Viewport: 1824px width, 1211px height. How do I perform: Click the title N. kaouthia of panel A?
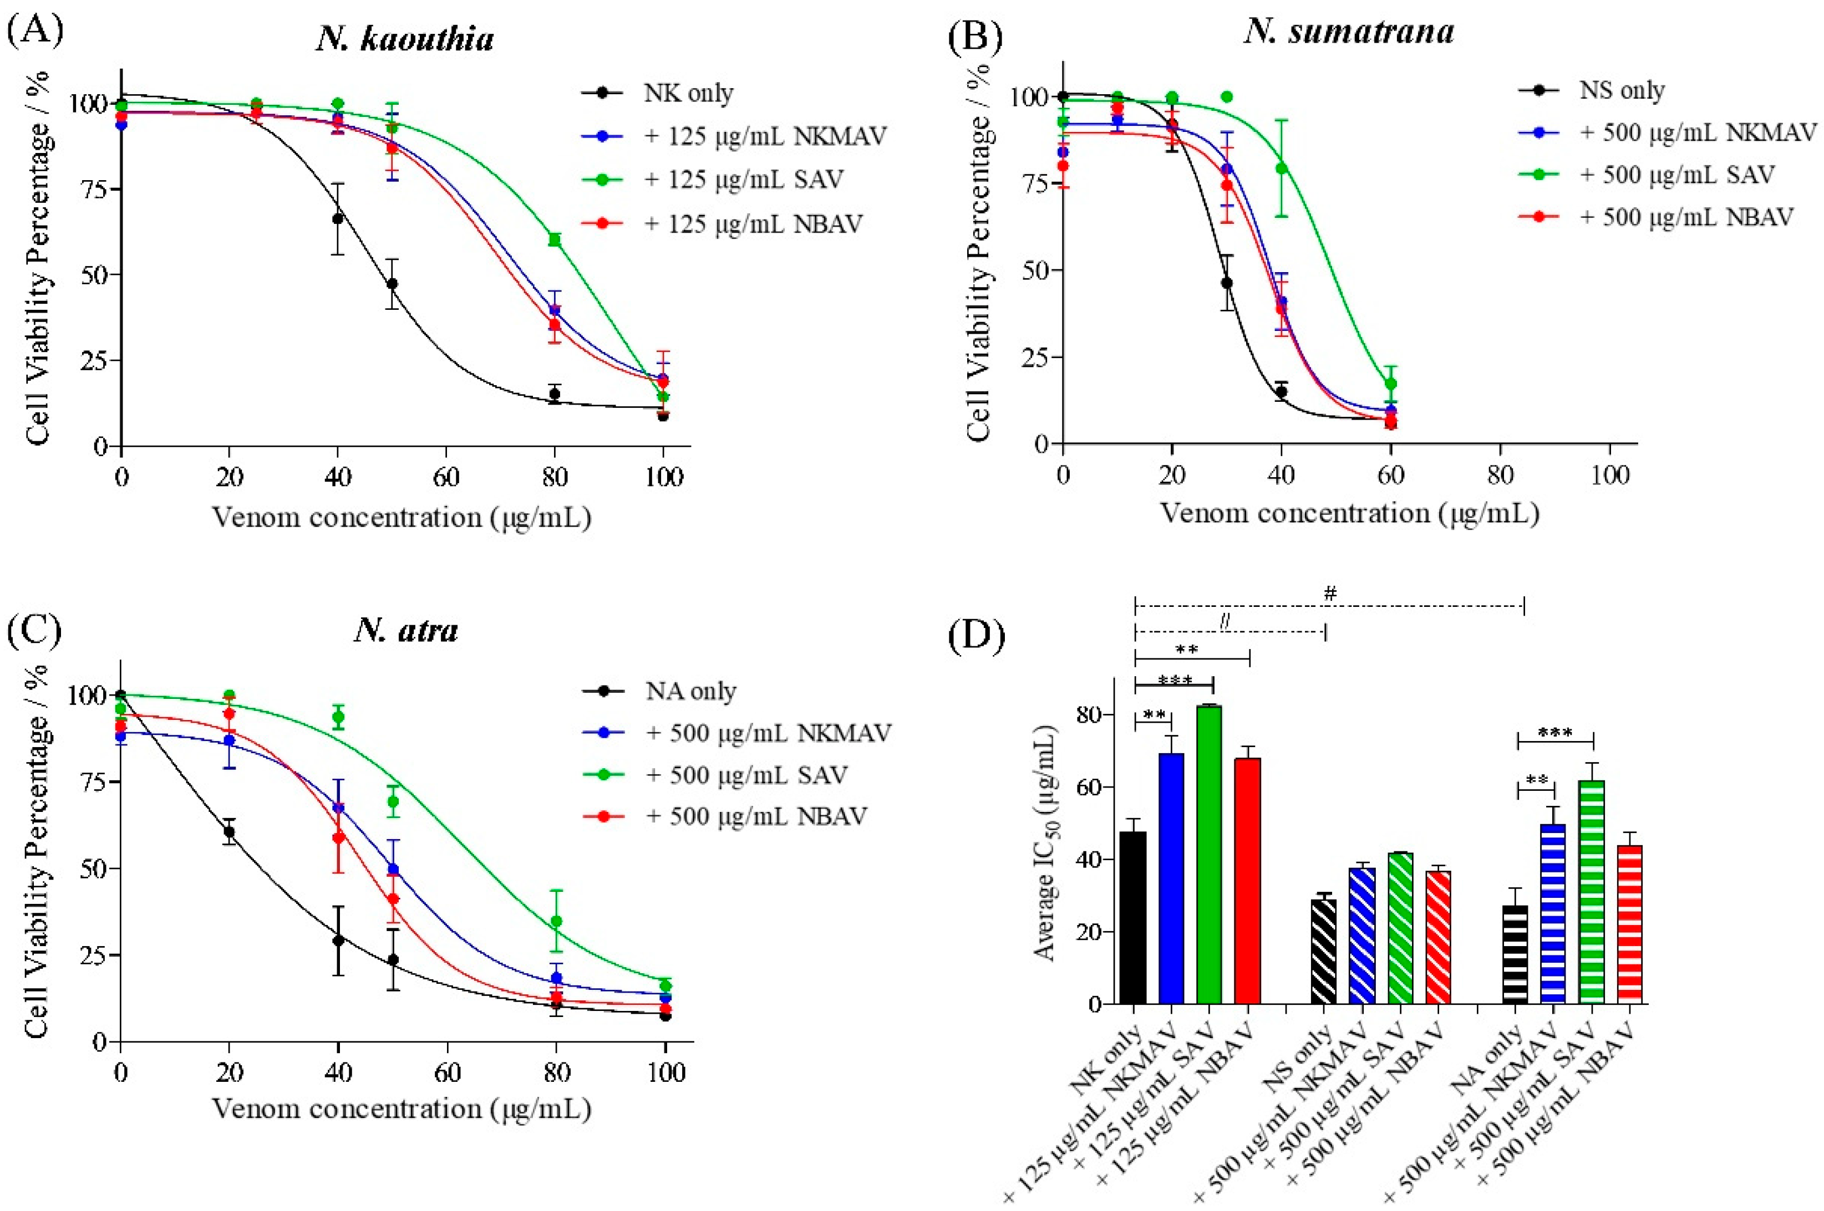point(405,39)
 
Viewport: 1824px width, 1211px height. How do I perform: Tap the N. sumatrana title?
point(1349,32)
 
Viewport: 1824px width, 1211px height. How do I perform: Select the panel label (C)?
point(34,630)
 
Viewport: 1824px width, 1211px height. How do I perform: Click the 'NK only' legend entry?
point(688,94)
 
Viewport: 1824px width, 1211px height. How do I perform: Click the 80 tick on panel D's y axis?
point(1090,715)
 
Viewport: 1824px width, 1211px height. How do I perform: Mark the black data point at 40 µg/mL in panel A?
point(338,218)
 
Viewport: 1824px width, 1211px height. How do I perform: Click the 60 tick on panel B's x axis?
point(1390,473)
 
